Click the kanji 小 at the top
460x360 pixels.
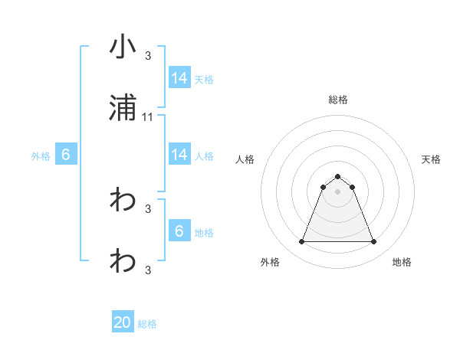(x=123, y=47)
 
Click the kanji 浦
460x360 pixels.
(x=123, y=109)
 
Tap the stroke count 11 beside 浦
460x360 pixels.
(x=149, y=117)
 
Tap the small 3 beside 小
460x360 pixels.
(x=148, y=55)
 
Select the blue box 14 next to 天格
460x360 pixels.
(x=179, y=78)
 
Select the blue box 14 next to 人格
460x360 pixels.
(x=179, y=155)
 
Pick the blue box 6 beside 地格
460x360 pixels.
(x=179, y=231)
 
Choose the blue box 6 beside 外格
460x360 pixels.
(x=66, y=155)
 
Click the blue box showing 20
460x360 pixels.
(x=123, y=323)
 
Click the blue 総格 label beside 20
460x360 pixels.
(x=147, y=324)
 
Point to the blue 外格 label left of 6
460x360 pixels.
(x=41, y=155)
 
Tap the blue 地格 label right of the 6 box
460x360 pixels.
(x=204, y=232)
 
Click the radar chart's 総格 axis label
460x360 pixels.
(x=337, y=100)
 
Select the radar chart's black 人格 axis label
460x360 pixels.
(x=245, y=159)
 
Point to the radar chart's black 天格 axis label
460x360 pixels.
(x=431, y=159)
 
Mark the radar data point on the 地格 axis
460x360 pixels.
(x=374, y=242)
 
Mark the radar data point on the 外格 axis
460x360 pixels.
(x=301, y=242)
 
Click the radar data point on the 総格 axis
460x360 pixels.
(x=337, y=176)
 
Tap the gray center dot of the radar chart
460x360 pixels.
(x=337, y=191)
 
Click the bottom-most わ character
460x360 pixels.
(x=123, y=262)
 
